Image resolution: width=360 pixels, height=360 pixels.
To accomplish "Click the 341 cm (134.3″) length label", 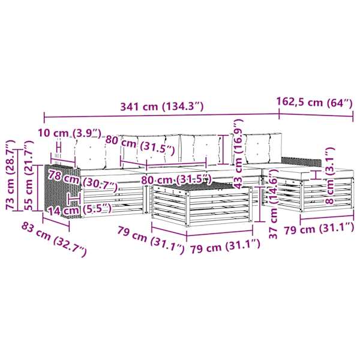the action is pyautogui.click(x=162, y=106).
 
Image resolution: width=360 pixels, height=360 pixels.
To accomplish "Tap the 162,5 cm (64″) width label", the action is pyautogui.click(x=314, y=102).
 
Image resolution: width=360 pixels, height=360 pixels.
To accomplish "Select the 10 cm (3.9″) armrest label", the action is pyautogui.click(x=70, y=133).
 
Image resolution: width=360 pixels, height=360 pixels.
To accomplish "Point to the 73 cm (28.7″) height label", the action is pyautogui.click(x=10, y=175).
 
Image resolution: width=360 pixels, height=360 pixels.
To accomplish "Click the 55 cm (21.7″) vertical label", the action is pyautogui.click(x=29, y=176).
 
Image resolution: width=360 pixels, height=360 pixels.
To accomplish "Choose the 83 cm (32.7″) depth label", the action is pyautogui.click(x=54, y=239).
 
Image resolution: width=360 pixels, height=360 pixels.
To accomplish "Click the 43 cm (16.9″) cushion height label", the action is pyautogui.click(x=239, y=154).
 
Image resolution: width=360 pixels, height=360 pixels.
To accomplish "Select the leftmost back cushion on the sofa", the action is pyautogui.click(x=90, y=152).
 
